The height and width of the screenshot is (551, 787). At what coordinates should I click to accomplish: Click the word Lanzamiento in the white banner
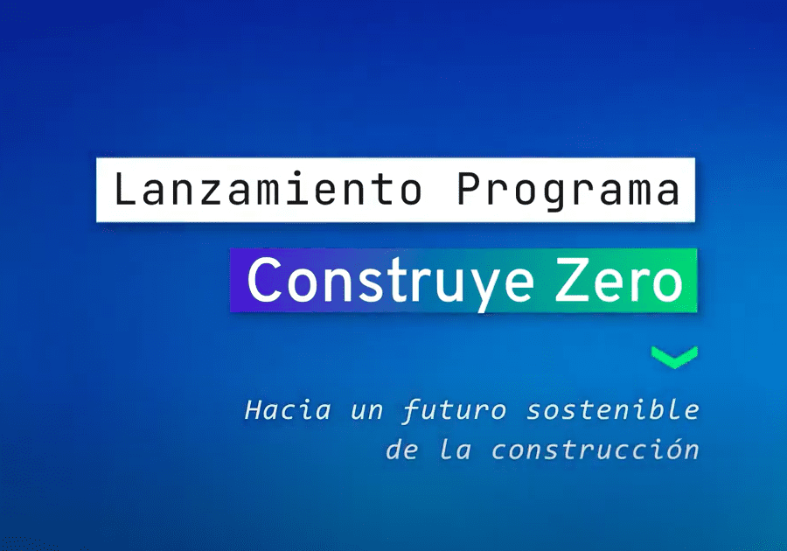[268, 189]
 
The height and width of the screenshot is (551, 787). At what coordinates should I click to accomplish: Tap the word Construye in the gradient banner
[390, 281]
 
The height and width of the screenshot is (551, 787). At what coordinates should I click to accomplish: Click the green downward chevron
[674, 358]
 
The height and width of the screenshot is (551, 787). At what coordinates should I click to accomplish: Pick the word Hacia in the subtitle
[288, 410]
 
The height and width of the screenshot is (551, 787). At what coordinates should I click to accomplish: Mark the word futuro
[454, 411]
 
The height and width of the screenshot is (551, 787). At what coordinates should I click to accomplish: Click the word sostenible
[613, 410]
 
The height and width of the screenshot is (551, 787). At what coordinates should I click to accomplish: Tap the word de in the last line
[402, 450]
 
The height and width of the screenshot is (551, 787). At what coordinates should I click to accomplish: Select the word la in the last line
[456, 450]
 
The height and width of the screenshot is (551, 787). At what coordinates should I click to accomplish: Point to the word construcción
[595, 450]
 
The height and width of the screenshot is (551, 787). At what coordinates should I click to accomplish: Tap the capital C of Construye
[264, 281]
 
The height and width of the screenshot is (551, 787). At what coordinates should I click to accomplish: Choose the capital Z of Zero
[569, 281]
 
